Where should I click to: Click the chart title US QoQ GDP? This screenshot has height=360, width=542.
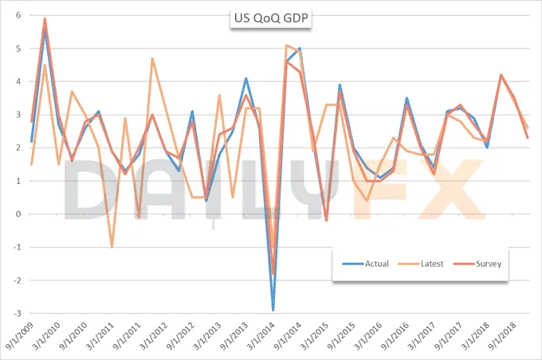(x=271, y=18)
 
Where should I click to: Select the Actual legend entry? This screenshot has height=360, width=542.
(x=366, y=264)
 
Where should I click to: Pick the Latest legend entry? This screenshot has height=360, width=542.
(x=421, y=264)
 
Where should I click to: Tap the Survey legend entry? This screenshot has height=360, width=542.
(x=477, y=264)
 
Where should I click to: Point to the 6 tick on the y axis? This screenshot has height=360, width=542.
(x=18, y=15)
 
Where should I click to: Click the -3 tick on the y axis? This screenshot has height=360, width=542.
(x=16, y=313)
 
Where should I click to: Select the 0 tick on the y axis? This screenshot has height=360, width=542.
(x=18, y=214)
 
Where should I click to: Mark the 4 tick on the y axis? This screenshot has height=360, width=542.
(x=18, y=81)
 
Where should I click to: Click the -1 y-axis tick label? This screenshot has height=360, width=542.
(x=16, y=248)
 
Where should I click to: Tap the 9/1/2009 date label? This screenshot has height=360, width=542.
(x=21, y=336)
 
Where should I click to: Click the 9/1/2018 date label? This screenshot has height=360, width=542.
(x=504, y=336)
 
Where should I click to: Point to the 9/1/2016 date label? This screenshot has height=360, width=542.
(x=396, y=336)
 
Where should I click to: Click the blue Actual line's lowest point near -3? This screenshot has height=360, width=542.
(x=273, y=310)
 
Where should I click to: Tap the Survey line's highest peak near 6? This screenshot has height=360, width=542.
(x=45, y=18)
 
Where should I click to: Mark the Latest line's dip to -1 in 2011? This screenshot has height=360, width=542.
(x=112, y=247)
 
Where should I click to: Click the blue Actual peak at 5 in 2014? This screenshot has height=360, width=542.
(x=300, y=49)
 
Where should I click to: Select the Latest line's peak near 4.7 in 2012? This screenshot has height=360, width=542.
(x=152, y=58)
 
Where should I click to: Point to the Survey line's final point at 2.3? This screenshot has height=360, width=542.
(x=528, y=138)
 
